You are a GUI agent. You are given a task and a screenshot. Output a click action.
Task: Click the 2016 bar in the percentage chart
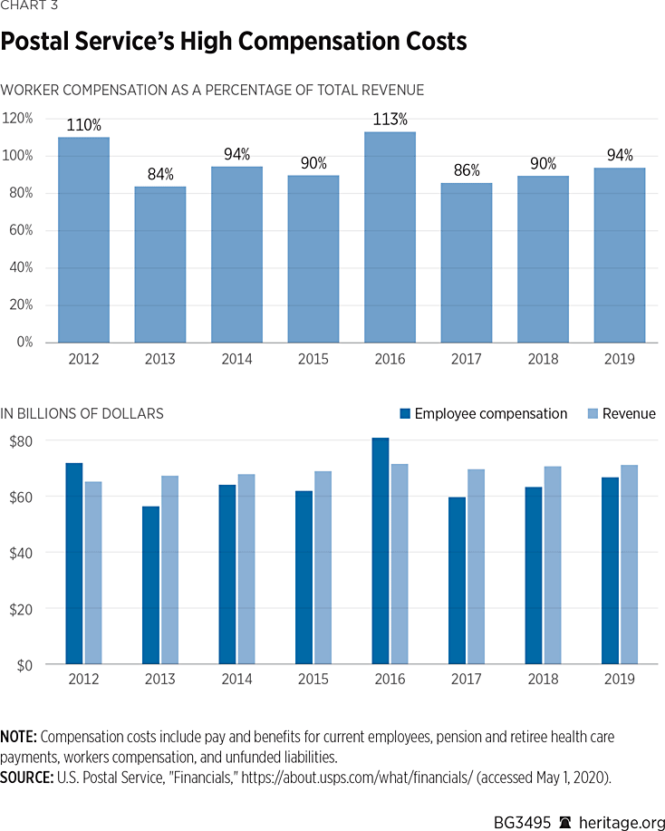click(390, 237)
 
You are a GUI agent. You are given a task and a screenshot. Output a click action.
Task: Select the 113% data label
click(390, 120)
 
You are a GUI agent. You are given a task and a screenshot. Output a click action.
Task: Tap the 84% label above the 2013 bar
click(160, 174)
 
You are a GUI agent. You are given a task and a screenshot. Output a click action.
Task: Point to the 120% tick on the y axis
click(18, 118)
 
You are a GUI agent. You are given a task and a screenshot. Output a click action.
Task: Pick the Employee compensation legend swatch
click(405, 414)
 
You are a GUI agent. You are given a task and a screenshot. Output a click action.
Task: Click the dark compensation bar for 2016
click(380, 551)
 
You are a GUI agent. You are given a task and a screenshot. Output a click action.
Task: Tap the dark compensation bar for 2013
click(150, 585)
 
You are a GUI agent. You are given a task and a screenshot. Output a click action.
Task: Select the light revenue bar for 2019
click(631, 565)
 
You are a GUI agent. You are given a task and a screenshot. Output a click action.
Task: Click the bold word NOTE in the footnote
click(19, 736)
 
